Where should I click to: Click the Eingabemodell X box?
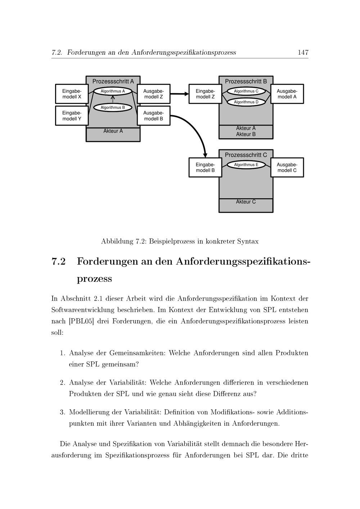click(72, 94)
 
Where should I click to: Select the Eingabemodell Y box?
click(72, 116)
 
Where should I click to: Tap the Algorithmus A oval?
click(113, 91)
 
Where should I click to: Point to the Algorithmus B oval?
click(113, 107)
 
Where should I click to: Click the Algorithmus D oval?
click(246, 102)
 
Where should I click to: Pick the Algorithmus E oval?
click(246, 165)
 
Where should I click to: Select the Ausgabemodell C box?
click(287, 167)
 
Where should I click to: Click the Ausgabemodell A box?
click(287, 94)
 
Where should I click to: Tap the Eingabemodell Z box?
click(205, 94)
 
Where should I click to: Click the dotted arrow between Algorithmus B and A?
click(113, 99)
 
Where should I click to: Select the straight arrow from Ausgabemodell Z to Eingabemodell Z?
click(179, 94)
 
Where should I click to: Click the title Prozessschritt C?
click(246, 155)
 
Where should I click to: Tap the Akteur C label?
click(246, 202)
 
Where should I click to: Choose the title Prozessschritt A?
click(113, 81)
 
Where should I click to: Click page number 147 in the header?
click(303, 53)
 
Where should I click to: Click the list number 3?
click(62, 412)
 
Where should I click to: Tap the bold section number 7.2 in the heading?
click(59, 261)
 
